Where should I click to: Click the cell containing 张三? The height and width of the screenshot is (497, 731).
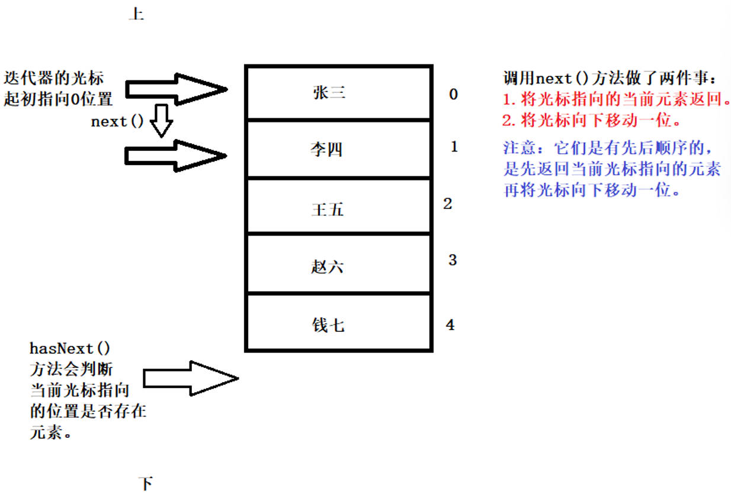(x=338, y=93)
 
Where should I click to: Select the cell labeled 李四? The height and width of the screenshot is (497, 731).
(x=338, y=149)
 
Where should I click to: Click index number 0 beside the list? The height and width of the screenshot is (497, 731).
(x=453, y=94)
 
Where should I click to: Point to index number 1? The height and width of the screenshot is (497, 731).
(x=454, y=147)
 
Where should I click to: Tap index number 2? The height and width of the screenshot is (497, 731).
(x=447, y=204)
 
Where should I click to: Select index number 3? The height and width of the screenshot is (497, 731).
(x=453, y=260)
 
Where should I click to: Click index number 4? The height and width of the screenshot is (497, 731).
(x=451, y=325)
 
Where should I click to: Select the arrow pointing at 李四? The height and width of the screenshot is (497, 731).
(x=175, y=156)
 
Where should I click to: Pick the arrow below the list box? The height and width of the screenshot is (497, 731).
(x=191, y=377)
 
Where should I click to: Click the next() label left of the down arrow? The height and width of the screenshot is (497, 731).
(x=118, y=122)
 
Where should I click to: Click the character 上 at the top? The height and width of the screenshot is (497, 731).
(x=136, y=14)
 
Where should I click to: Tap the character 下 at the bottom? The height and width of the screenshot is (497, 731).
(x=146, y=483)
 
